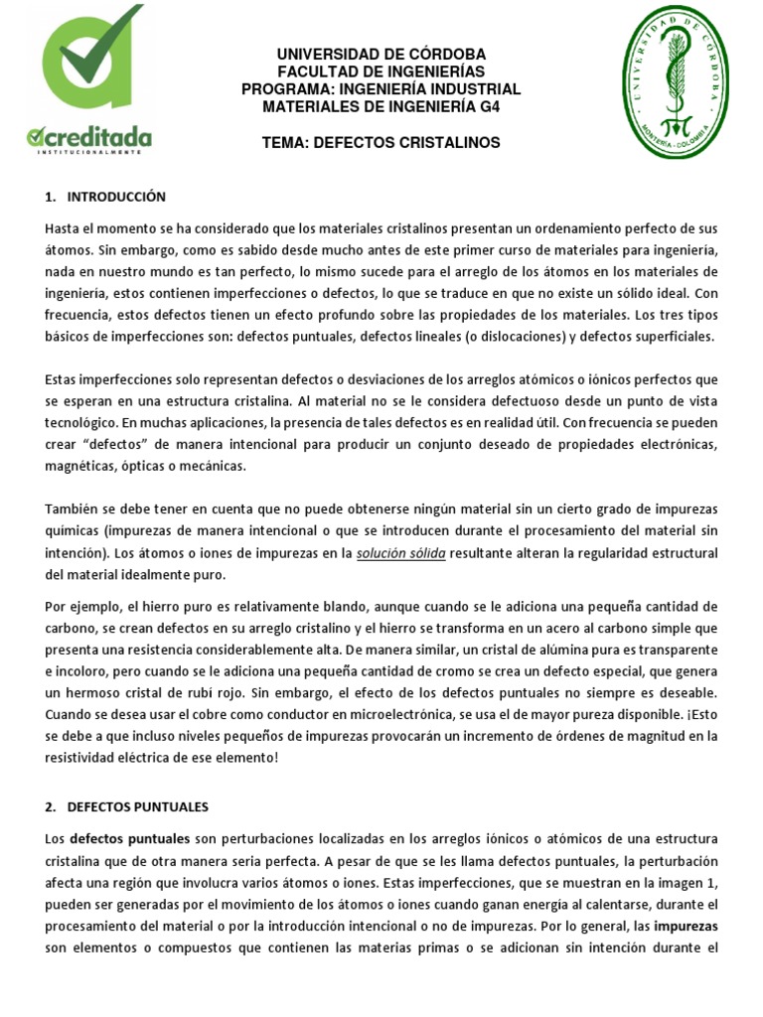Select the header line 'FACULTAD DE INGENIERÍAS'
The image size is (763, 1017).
coord(381,72)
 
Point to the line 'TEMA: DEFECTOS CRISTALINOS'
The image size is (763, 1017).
coord(381,143)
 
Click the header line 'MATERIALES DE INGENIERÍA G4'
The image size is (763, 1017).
coord(381,107)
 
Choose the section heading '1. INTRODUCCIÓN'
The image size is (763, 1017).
coord(106,197)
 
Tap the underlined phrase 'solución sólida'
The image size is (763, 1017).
coord(401,552)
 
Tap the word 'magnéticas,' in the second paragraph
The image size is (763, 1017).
coord(80,465)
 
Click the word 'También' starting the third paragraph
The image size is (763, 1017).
coord(73,508)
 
